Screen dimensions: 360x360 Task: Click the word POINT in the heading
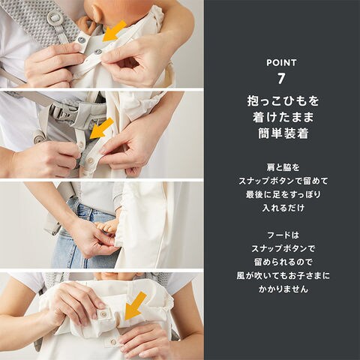tap(281, 63)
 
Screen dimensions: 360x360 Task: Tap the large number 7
tap(281, 79)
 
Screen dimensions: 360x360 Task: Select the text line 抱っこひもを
tap(283, 101)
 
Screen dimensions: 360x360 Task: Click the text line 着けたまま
tap(283, 117)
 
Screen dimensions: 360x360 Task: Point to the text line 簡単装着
tap(283, 133)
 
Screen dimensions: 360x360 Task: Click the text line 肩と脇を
tap(283, 167)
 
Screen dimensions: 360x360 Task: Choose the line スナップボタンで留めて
tap(283, 181)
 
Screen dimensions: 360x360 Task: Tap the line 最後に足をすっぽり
tap(283, 194)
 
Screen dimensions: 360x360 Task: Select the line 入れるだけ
tap(283, 208)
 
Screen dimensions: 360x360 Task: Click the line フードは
tap(283, 235)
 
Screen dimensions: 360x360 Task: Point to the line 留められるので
tap(283, 262)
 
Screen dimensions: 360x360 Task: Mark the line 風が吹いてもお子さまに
tap(283, 276)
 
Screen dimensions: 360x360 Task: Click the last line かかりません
tap(283, 289)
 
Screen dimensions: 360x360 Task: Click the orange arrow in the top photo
tap(114, 31)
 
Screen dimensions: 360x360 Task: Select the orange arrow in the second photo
tap(101, 128)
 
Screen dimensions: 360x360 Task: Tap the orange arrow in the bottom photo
tap(135, 305)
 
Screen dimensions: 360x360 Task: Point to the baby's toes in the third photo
tap(105, 226)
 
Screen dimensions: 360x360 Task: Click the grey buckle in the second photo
tap(61, 112)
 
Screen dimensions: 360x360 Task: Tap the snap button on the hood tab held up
tap(102, 313)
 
